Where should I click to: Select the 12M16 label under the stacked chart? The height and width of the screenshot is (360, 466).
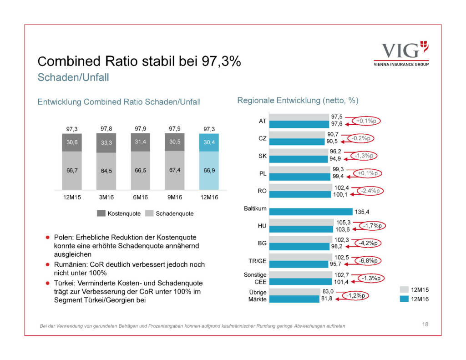pyautogui.click(x=209, y=198)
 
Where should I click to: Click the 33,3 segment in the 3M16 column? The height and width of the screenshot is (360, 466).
pyautogui.click(x=106, y=142)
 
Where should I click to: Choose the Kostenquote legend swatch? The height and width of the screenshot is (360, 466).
pyautogui.click(x=101, y=213)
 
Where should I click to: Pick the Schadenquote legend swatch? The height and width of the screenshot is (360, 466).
pyautogui.click(x=148, y=213)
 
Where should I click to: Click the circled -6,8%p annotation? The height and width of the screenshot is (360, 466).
pyautogui.click(x=369, y=261)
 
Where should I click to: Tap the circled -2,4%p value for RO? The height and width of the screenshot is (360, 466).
pyautogui.click(x=369, y=191)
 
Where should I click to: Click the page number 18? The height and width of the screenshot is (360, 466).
pyautogui.click(x=425, y=325)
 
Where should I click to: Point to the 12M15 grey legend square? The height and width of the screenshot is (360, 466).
pyautogui.click(x=404, y=289)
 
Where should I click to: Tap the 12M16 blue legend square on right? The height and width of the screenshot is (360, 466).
pyautogui.click(x=404, y=299)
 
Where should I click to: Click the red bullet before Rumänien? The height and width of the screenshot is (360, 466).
pyautogui.click(x=47, y=264)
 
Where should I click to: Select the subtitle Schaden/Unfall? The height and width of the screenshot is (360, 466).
pyautogui.click(x=73, y=77)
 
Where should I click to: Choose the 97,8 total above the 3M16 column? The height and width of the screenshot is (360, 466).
pyautogui.click(x=106, y=129)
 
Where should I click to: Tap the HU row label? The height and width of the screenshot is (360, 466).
pyautogui.click(x=262, y=226)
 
